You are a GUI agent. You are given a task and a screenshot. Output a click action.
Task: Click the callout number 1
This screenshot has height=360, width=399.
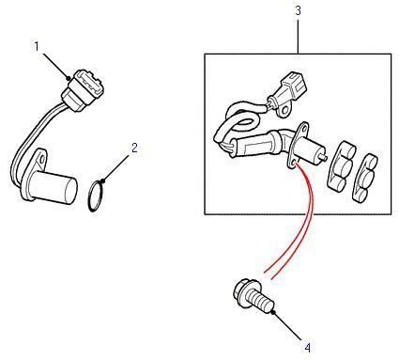click(37, 47)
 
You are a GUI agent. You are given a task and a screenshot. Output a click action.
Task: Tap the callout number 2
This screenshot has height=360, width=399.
click(134, 148)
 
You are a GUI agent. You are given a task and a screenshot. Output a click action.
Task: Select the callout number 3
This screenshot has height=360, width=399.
click(298, 10)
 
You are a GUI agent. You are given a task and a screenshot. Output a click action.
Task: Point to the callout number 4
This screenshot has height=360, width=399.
click(308, 348)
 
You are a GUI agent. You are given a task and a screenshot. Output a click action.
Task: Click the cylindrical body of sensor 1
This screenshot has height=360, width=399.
click(54, 187)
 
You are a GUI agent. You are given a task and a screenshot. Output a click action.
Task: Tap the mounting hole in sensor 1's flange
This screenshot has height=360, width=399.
click(42, 159)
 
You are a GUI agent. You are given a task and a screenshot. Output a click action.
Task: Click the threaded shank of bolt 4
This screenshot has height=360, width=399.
click(261, 302)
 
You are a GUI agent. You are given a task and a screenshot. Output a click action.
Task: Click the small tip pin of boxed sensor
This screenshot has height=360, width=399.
click(326, 157)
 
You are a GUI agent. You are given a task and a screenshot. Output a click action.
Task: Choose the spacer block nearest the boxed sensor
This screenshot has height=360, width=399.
click(341, 166)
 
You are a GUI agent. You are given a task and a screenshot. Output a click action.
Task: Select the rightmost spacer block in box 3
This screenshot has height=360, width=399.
click(365, 177)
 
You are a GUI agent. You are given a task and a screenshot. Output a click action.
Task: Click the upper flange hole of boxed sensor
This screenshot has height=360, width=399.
click(303, 127)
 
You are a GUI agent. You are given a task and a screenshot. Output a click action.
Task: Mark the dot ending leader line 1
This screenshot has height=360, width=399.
click(69, 78)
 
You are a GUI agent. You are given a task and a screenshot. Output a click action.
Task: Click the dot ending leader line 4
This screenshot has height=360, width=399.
click(273, 312)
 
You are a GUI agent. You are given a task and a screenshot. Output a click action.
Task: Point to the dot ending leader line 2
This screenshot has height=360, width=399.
click(103, 180)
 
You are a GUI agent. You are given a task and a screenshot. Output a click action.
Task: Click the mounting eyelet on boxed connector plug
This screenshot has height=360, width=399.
click(284, 111)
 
